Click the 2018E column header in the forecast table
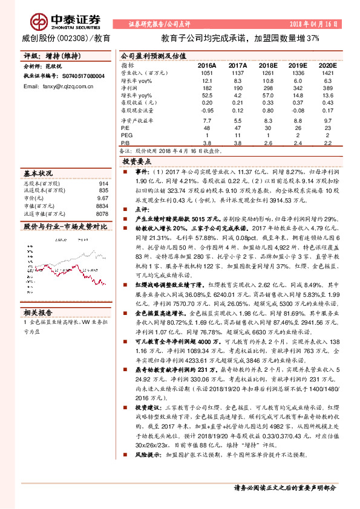(x=269, y=65)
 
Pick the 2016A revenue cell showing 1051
(x=207, y=73)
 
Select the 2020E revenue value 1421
(x=328, y=73)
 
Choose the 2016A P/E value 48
(x=207, y=128)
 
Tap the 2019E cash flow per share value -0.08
(x=299, y=110)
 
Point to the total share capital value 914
(x=103, y=183)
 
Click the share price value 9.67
(x=102, y=198)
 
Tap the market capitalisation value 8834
(x=102, y=206)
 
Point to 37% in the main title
(x=311, y=38)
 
